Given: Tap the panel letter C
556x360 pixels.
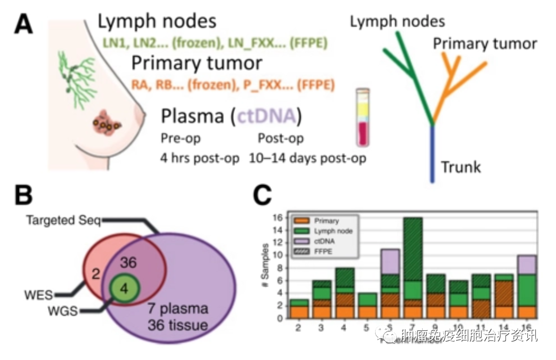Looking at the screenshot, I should (264, 196).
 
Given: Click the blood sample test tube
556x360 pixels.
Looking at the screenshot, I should (362, 117).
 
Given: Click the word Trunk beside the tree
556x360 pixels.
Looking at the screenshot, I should (461, 167).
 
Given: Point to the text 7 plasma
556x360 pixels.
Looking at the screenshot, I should (178, 308).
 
